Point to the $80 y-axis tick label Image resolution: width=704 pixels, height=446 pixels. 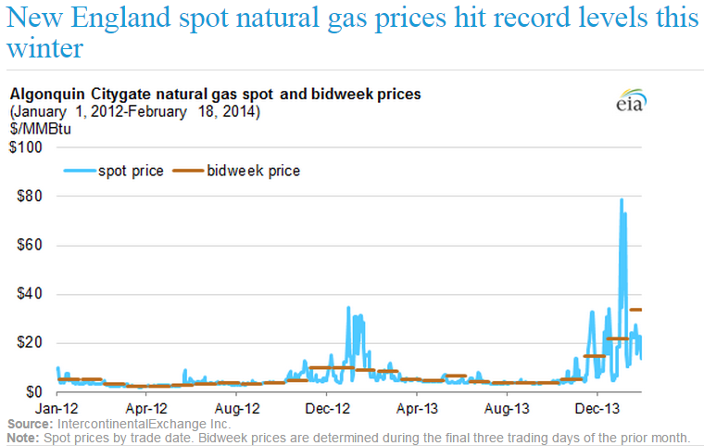pyautogui.click(x=33, y=197)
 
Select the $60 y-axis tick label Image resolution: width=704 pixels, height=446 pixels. pyautogui.click(x=33, y=246)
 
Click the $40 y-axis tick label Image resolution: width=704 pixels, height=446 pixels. pyautogui.click(x=33, y=294)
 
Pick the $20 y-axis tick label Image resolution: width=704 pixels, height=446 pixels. pyautogui.click(x=33, y=343)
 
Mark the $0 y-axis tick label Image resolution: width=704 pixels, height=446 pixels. pyautogui.click(x=37, y=391)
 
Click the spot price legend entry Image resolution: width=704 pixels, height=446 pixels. pyautogui.click(x=113, y=171)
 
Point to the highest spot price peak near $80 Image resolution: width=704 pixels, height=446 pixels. pyautogui.click(x=621, y=199)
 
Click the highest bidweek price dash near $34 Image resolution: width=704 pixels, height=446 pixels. pyautogui.click(x=636, y=310)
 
